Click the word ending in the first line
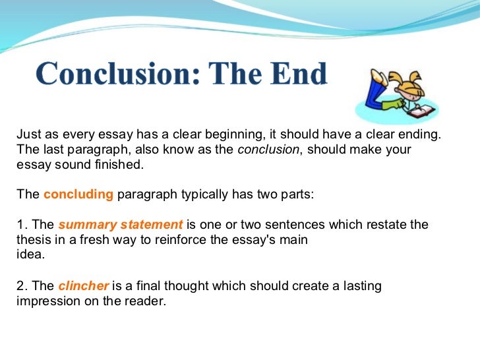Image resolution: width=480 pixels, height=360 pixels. [x=419, y=135]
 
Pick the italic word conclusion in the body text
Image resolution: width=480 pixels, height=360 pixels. [x=268, y=150]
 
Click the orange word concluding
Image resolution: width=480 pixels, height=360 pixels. [x=78, y=195]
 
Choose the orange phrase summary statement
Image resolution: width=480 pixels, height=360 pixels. [x=120, y=225]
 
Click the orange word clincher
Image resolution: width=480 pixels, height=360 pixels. [x=84, y=286]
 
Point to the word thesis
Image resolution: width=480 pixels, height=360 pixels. [x=32, y=239]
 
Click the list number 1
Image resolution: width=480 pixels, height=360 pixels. [x=19, y=225]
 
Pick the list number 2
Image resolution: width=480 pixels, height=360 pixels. [x=19, y=286]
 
